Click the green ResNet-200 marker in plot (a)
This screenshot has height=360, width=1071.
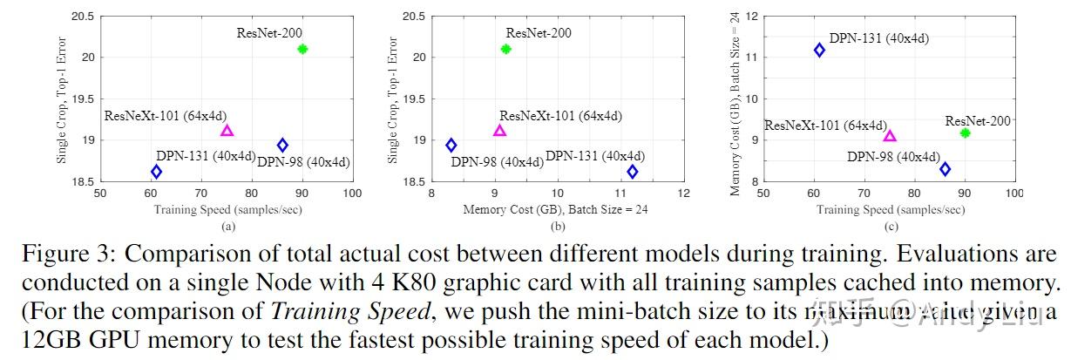click(x=302, y=49)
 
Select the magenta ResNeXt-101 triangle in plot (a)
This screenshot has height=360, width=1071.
click(x=227, y=131)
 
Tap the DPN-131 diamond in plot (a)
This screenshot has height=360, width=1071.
click(x=156, y=172)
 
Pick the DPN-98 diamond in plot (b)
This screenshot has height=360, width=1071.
click(x=451, y=146)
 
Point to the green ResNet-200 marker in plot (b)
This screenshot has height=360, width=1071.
click(x=506, y=49)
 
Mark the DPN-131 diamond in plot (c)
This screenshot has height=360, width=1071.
click(x=819, y=51)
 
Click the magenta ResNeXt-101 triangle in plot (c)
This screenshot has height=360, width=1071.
click(x=890, y=135)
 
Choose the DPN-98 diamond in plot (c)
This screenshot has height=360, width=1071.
click(x=945, y=168)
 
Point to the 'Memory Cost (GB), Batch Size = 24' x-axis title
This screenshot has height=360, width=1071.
click(x=555, y=209)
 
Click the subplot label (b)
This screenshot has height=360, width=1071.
click(x=559, y=227)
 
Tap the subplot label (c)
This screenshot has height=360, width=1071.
click(x=891, y=227)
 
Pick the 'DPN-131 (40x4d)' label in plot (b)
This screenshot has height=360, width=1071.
click(x=596, y=156)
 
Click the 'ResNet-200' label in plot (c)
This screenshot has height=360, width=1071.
click(x=978, y=121)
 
